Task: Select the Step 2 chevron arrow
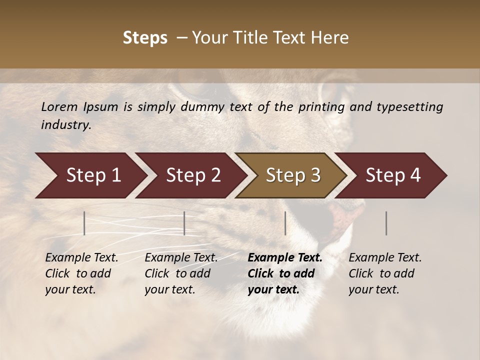pos(193,175)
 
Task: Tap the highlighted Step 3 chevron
pos(293,175)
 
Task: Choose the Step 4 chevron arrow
pos(393,175)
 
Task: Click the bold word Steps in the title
pos(145,38)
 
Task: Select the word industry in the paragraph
pos(65,125)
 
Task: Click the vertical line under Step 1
pos(84,223)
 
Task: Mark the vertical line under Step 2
pos(184,223)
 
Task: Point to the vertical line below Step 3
pos(285,223)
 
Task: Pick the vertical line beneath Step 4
pos(386,223)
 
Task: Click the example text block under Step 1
pos(81,273)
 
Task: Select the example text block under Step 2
pos(181,273)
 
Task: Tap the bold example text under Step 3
pos(285,273)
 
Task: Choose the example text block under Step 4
pos(385,273)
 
